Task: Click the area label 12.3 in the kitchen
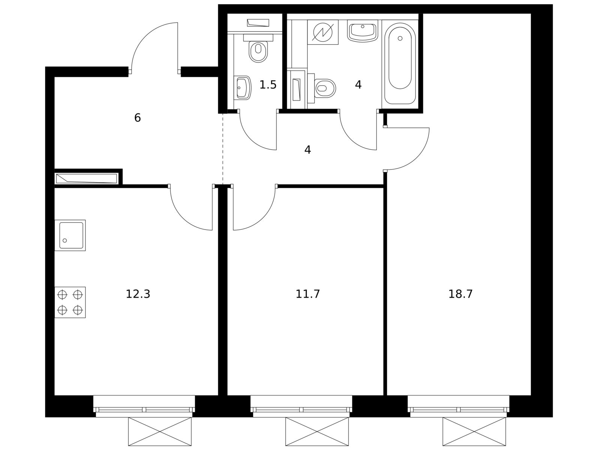point(138,294)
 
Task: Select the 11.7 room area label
point(308,294)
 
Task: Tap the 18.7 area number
point(460,294)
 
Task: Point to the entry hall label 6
point(138,118)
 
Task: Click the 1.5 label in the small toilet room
point(268,85)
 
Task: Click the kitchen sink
point(70,235)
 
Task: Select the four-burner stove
point(70,302)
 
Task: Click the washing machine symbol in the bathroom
point(323,32)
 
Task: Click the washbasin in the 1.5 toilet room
point(242,88)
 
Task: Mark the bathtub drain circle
point(400,38)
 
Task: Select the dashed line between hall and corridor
point(222,148)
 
